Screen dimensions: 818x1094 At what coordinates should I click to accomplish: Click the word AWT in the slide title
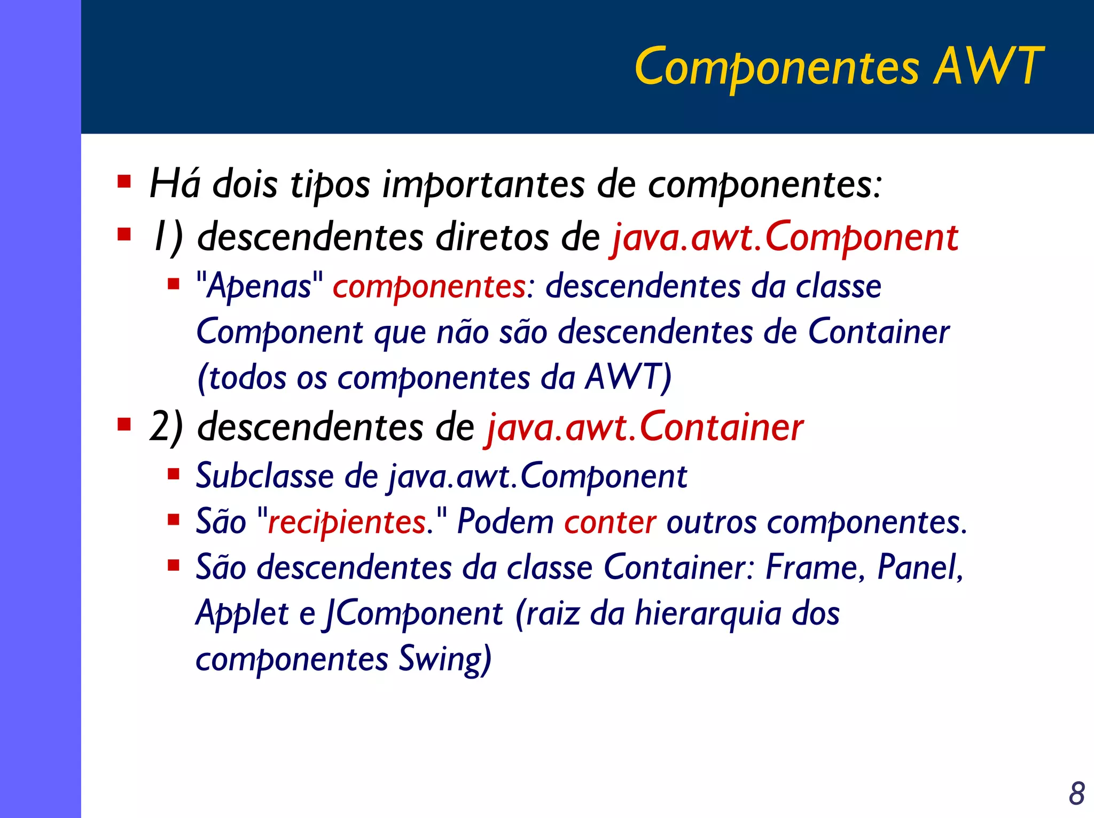pyautogui.click(x=988, y=66)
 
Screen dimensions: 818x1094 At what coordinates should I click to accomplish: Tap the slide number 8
pyautogui.click(x=1076, y=793)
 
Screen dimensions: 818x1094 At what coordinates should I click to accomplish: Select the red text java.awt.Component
pyautogui.click(x=784, y=238)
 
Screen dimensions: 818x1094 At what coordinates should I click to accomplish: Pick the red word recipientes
pyautogui.click(x=347, y=521)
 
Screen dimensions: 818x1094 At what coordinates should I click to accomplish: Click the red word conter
pyautogui.click(x=610, y=522)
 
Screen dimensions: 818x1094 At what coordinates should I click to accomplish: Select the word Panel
pyautogui.click(x=919, y=567)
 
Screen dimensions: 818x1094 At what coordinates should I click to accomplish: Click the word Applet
pyautogui.click(x=242, y=613)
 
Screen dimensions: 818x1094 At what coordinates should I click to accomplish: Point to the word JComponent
pyautogui.click(x=412, y=613)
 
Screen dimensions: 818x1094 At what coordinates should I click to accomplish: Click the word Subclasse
pyautogui.click(x=264, y=476)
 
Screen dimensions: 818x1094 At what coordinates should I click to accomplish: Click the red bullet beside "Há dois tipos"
pyautogui.click(x=124, y=182)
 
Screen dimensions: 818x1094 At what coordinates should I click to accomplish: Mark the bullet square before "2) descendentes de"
pyautogui.click(x=124, y=425)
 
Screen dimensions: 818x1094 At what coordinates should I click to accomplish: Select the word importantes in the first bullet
pyautogui.click(x=483, y=184)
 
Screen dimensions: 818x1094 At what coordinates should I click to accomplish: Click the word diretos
pyautogui.click(x=492, y=238)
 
